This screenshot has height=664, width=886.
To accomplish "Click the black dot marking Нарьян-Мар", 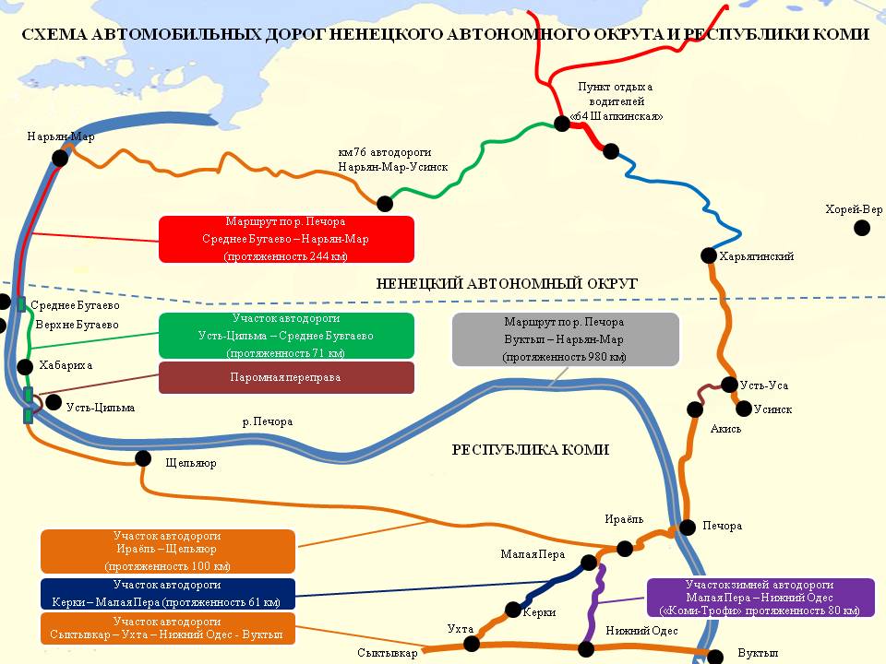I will tap(60, 158).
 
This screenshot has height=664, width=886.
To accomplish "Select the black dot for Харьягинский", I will tap(709, 255).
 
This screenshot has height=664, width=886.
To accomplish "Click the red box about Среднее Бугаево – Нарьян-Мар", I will tap(286, 239).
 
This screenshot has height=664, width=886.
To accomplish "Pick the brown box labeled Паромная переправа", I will tap(286, 377).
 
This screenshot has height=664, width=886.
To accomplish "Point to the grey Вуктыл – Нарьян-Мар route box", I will tap(565, 339).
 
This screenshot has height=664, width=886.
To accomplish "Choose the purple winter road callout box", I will tap(760, 598).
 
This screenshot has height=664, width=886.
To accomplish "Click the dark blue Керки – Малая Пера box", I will tap(168, 594).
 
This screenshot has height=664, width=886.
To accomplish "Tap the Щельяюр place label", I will tap(190, 463).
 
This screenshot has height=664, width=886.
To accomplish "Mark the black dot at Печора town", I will tap(687, 527).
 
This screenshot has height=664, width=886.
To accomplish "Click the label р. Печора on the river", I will tap(267, 421).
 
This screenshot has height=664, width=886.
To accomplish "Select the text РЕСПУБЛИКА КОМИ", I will tap(531, 450).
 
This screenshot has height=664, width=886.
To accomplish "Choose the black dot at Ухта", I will tap(470, 643).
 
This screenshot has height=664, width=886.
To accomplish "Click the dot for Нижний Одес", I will tap(584, 648).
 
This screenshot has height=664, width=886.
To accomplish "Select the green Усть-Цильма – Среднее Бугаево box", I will tap(286, 336).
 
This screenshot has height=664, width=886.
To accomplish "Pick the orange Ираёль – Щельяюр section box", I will tap(168, 551).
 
